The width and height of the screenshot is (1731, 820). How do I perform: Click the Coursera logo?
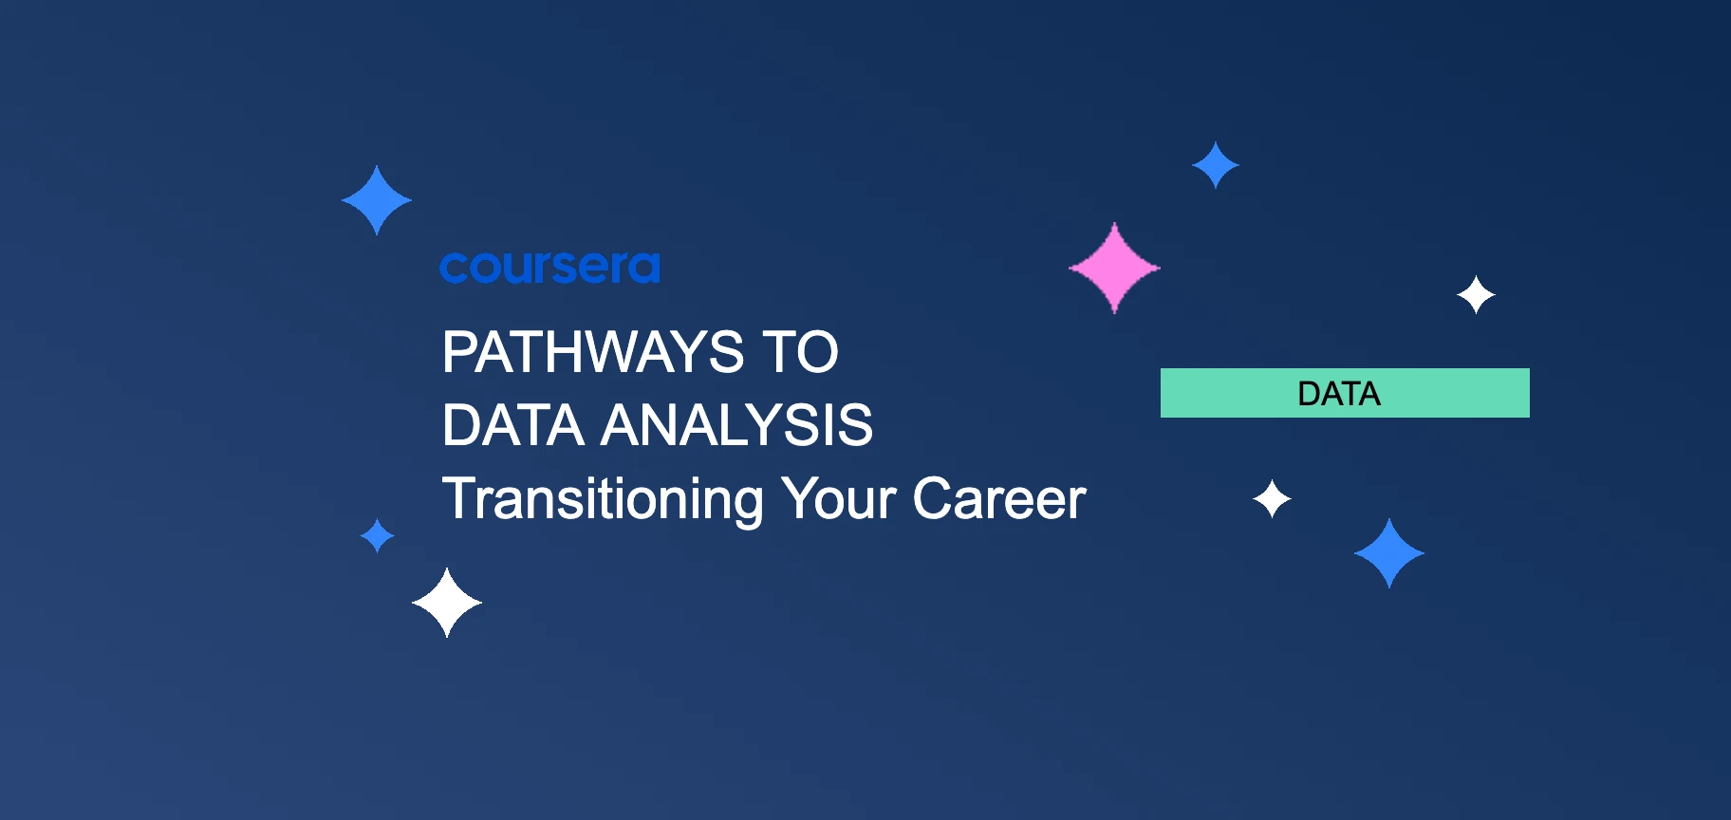pyautogui.click(x=549, y=268)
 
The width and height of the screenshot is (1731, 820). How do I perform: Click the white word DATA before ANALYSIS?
pyautogui.click(x=512, y=425)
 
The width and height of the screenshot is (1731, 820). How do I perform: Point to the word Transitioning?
pyautogui.click(x=603, y=499)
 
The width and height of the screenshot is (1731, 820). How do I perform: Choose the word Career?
pyautogui.click(x=998, y=499)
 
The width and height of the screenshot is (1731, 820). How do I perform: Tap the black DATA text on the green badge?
pyautogui.click(x=1338, y=394)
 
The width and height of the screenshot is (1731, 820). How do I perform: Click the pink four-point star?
pyautogui.click(x=1114, y=269)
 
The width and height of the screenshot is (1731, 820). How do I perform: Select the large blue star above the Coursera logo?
pyautogui.click(x=377, y=200)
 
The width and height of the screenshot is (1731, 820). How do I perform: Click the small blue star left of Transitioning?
pyautogui.click(x=378, y=535)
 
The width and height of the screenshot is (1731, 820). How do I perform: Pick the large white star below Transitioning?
pyautogui.click(x=447, y=603)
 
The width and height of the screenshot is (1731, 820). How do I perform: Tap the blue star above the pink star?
pyautogui.click(x=1216, y=165)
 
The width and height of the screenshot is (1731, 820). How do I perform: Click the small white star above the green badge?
pyautogui.click(x=1476, y=295)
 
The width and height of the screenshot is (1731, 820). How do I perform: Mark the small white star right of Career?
pyautogui.click(x=1272, y=499)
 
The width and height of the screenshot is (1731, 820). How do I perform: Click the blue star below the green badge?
pyautogui.click(x=1389, y=553)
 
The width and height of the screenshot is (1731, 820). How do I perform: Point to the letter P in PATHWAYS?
pyautogui.click(x=459, y=353)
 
